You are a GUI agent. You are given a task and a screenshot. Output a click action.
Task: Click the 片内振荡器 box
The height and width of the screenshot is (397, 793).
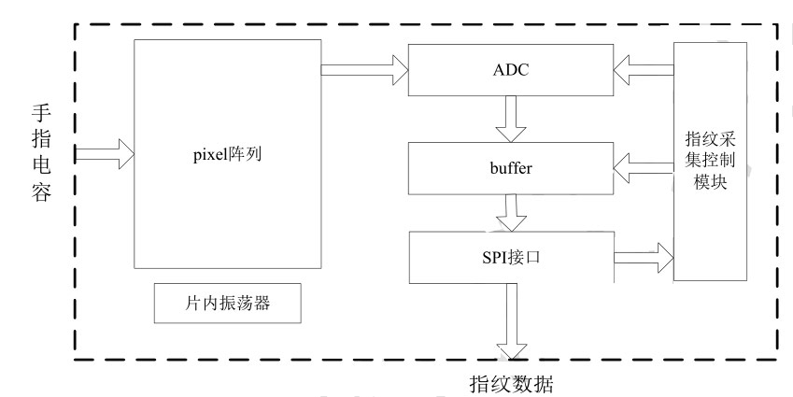pyautogui.click(x=227, y=305)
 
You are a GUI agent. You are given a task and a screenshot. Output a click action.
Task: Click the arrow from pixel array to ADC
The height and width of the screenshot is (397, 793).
pyautogui.click(x=365, y=66)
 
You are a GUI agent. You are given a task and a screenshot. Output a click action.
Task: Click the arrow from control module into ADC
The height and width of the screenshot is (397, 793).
pyautogui.click(x=642, y=66)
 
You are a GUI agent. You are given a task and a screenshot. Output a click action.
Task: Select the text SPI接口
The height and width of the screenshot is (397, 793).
pyautogui.click(x=510, y=253)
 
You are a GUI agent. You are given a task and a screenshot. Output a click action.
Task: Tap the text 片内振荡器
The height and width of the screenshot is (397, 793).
pyautogui.click(x=227, y=305)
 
